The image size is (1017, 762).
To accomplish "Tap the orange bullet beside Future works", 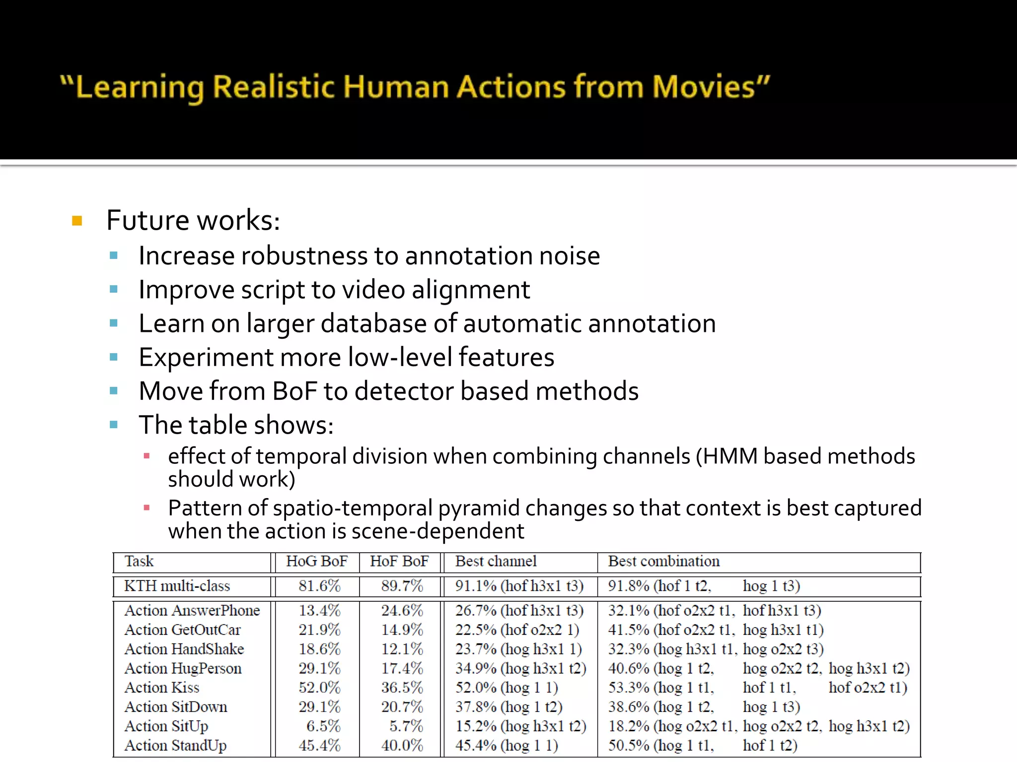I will coord(77,220).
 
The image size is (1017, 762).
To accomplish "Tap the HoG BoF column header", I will coord(316,561).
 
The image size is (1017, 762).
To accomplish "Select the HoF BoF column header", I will coord(399,561).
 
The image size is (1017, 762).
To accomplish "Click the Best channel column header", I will coord(496,561).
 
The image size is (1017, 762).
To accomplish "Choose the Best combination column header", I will coord(663,561).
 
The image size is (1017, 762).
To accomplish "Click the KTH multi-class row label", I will coord(177,586).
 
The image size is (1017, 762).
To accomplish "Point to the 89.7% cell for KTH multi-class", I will coord(402,586).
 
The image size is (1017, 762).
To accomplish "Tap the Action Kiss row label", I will coord(161,688).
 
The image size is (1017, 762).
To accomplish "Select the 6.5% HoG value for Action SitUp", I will coord(323,726).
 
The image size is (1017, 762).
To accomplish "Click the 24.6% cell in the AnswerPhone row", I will coord(402,610).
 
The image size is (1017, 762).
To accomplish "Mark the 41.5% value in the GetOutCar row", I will coord(629,630).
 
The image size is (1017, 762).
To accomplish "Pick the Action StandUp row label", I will coord(175,746).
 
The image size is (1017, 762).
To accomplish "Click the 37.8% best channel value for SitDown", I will coord(476,707).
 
